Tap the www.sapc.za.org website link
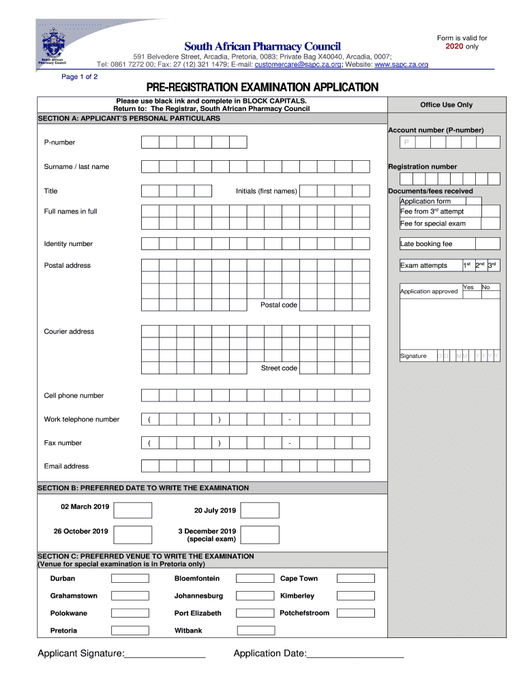tap(401, 65)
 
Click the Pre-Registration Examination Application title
tap(262, 88)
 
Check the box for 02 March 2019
tap(133, 511)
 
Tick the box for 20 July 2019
tap(260, 511)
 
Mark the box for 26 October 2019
tap(133, 534)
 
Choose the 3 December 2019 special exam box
tap(260, 534)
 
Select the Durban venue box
tap(130, 579)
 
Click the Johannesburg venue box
tap(254, 596)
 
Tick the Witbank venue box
tap(254, 631)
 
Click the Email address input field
tap(255, 466)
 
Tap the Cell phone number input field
tap(255, 395)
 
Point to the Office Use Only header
tap(446, 105)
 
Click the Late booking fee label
tap(426, 244)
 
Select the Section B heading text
tap(143, 488)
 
